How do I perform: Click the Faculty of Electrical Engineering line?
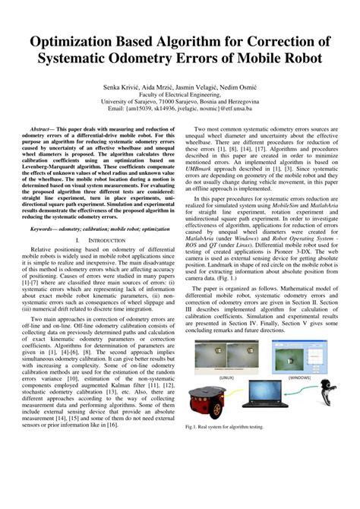pos(180,97)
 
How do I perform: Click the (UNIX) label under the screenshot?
pos(226,376)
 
